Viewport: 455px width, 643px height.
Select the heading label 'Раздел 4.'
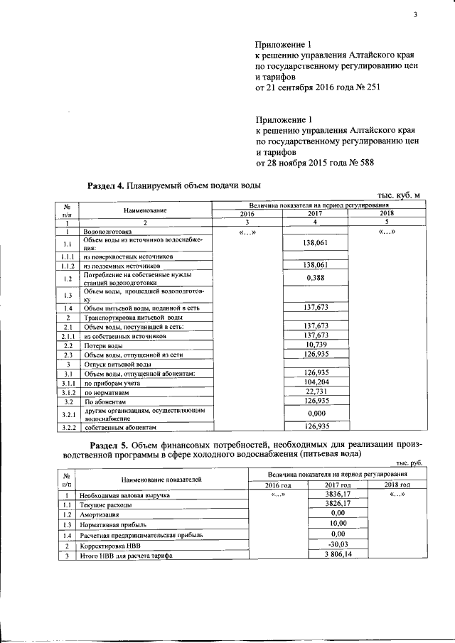click(105, 185)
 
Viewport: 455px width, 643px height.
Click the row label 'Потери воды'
click(103, 345)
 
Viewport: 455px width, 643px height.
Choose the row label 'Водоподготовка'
click(107, 232)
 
